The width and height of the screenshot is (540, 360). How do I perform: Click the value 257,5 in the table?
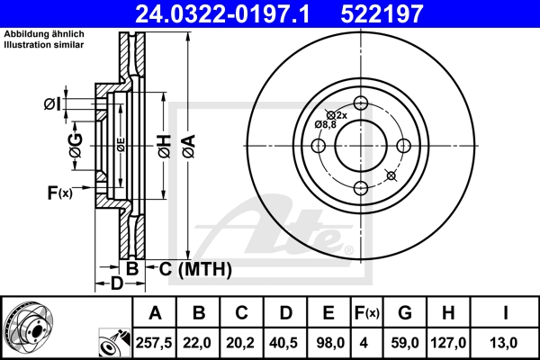click(155, 341)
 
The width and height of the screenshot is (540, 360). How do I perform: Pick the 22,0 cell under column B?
click(198, 341)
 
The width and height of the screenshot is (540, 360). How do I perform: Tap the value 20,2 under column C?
click(241, 341)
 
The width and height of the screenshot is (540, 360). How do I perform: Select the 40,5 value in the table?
click(285, 341)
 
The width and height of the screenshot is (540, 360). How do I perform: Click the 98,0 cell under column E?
click(328, 341)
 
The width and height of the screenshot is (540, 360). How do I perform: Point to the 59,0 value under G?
click(405, 341)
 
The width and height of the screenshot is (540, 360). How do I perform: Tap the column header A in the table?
click(155, 313)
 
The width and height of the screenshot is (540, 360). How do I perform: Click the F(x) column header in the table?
click(366, 313)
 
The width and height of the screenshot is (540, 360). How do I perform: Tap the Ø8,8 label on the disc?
click(325, 124)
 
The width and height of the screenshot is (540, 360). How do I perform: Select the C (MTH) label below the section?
click(190, 268)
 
